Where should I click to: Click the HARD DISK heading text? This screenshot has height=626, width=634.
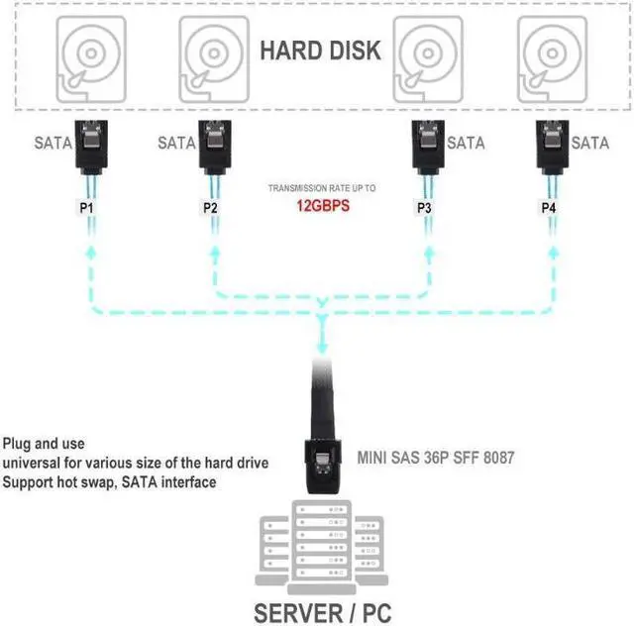[320, 51]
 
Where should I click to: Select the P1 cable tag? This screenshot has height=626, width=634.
[88, 208]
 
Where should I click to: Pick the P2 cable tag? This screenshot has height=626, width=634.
[210, 208]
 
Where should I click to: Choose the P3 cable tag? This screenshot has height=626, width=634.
[424, 208]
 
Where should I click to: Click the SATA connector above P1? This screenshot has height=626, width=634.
[88, 147]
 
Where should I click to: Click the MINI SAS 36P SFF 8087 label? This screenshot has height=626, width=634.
[435, 459]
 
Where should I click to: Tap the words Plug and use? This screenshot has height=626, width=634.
[44, 443]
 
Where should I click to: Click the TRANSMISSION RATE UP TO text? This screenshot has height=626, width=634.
[321, 187]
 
